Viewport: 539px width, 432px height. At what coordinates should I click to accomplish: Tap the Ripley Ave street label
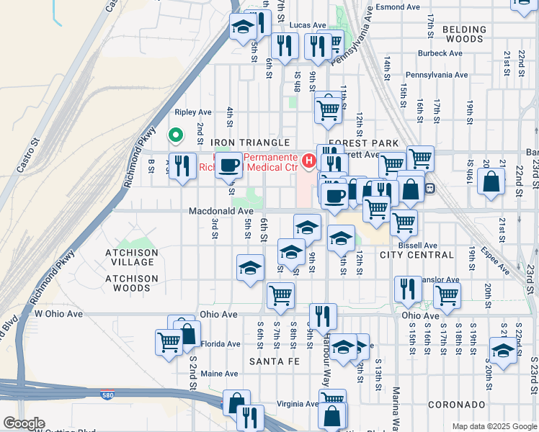click(x=194, y=112)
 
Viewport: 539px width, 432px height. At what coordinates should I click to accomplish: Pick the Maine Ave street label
click(x=219, y=374)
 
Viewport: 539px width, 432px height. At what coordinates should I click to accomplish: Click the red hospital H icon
click(x=309, y=159)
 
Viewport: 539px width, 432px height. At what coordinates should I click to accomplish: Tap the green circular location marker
click(x=174, y=135)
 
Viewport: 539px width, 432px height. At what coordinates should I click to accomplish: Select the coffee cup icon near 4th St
click(x=229, y=165)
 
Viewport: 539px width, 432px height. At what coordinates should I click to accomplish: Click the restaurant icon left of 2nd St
click(x=182, y=166)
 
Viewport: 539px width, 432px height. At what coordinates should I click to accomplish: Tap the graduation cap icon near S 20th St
click(x=502, y=351)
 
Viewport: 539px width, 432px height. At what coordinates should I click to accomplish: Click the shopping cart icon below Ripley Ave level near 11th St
click(x=328, y=109)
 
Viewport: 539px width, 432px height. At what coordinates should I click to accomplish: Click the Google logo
click(x=23, y=423)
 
